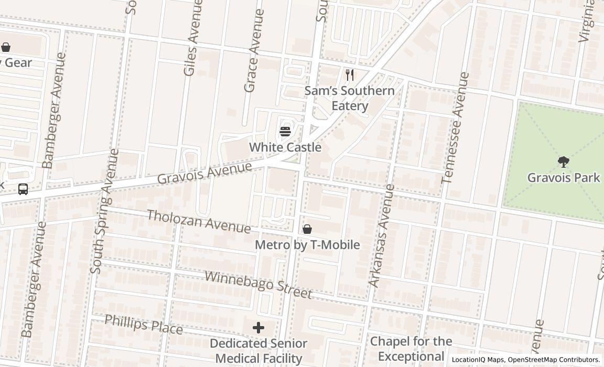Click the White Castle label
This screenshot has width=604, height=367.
tap(285, 147)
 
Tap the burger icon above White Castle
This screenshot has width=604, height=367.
tap(285, 131)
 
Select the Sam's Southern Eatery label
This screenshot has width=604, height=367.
tap(350, 98)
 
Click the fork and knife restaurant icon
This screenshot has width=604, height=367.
tap(350, 75)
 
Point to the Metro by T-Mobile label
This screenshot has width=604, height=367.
tap(307, 245)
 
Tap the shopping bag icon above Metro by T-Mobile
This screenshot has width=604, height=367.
tap(307, 229)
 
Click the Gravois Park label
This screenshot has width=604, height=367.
tap(564, 177)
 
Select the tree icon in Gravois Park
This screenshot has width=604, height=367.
tap(564, 161)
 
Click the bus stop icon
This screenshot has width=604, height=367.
tap(23, 189)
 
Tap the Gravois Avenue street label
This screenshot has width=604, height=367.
tap(204, 174)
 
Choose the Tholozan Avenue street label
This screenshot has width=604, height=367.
tap(199, 221)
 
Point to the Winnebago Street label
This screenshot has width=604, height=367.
tap(258, 285)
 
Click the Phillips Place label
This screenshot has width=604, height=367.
tap(143, 325)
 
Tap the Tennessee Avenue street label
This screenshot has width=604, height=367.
tap(455, 128)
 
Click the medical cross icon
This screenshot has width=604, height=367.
tap(258, 328)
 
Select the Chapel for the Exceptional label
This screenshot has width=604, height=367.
tap(411, 349)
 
